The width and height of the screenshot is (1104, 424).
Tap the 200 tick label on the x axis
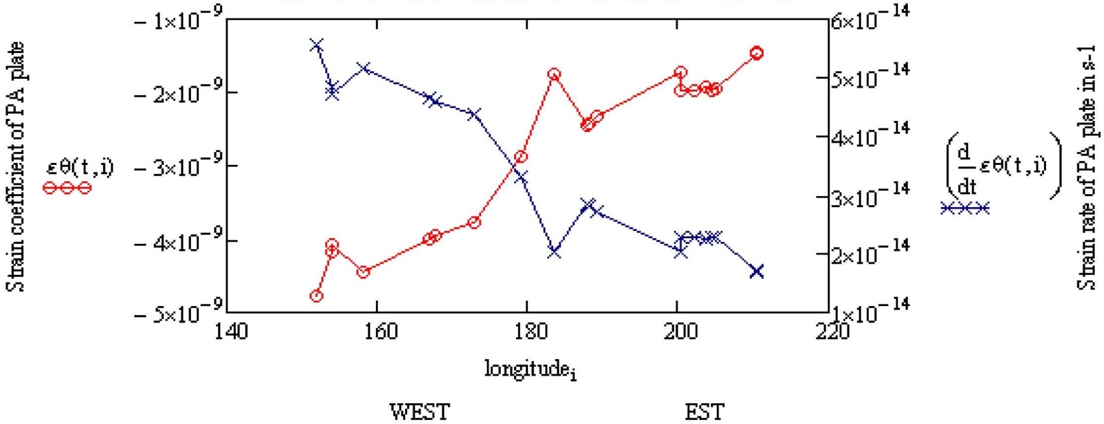680,332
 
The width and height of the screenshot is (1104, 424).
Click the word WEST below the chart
420,412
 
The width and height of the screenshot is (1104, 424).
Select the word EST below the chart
704,412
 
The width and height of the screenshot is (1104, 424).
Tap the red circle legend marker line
67,187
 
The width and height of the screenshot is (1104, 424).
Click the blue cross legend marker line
965,208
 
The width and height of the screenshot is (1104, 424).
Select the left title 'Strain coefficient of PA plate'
17,166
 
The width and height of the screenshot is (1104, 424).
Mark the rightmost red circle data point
757,53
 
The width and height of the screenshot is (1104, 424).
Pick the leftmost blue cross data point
317,46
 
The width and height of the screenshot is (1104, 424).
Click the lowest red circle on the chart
317,296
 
